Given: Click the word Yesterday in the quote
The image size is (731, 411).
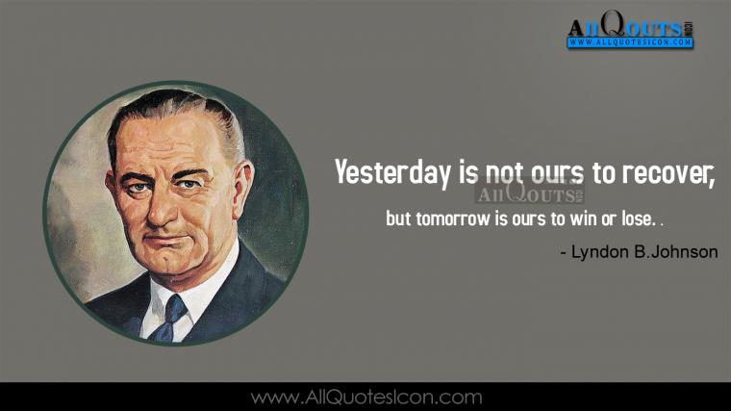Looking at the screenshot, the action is [392, 172].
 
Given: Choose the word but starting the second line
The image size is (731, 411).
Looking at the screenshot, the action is [398, 218].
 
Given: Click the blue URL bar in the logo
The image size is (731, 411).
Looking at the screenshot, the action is [630, 42].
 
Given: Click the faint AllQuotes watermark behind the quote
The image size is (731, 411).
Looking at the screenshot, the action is [530, 193].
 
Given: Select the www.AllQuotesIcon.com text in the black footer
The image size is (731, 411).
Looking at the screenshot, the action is [365, 398].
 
